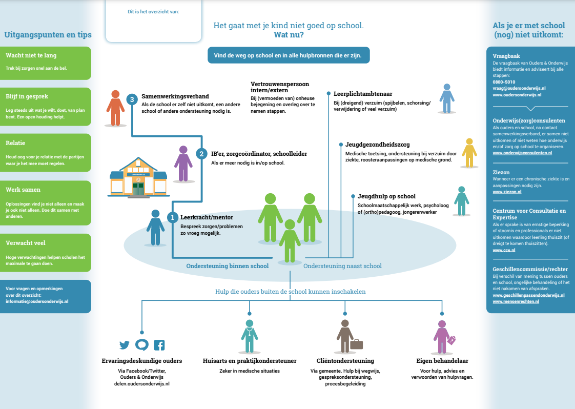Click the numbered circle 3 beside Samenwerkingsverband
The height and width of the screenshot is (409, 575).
coord(132,99)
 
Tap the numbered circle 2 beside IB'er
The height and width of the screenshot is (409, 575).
coord(202,153)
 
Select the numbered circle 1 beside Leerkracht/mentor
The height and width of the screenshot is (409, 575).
coord(173,217)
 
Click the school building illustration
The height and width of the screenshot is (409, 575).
coord(138,177)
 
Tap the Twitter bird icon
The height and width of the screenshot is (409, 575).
coord(125,345)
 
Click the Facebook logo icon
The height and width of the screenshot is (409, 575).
coord(159,345)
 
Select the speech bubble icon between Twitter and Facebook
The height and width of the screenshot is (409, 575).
coord(142,345)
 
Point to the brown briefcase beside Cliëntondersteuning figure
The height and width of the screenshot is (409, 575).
coord(357,344)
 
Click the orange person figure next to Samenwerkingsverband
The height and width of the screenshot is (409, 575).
coord(115,108)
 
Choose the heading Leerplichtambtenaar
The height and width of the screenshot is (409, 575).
coord(356,94)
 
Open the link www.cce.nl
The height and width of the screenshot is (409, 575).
coord(502,250)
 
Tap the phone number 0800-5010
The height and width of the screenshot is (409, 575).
coord(504,82)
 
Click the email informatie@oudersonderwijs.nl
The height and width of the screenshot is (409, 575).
coord(37,301)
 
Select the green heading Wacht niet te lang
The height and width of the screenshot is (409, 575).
coord(31,55)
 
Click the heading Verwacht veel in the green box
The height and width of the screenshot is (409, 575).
coord(26,243)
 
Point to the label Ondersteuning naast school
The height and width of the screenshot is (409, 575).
coord(342,266)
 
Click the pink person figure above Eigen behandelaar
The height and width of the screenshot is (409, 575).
coord(441,337)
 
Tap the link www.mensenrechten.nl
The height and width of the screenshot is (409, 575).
coord(516,301)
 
